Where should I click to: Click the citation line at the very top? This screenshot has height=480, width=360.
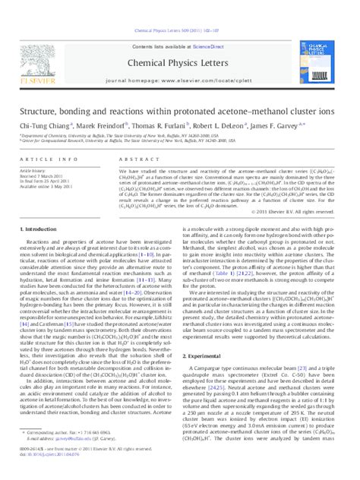pos(179,9)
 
